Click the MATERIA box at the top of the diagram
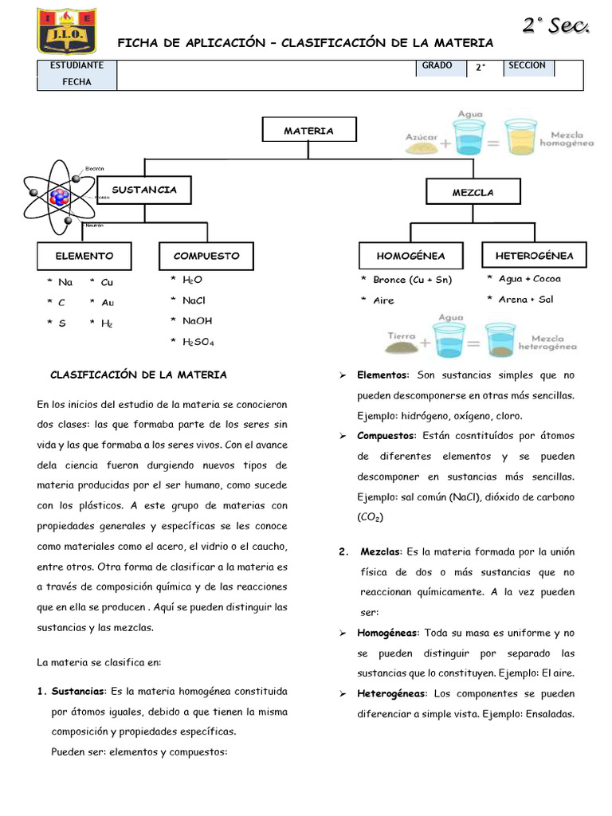click(x=309, y=131)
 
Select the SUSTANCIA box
click(x=144, y=190)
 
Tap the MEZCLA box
click(x=473, y=192)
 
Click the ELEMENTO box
click(x=84, y=256)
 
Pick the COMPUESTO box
click(x=206, y=256)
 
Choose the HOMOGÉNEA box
click(x=411, y=256)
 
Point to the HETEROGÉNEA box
click(x=534, y=255)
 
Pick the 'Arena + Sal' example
click(x=525, y=300)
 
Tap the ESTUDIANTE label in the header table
click(x=76, y=66)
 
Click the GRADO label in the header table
click(x=437, y=66)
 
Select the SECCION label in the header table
click(x=527, y=66)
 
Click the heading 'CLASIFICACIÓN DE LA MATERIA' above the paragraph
click(x=139, y=375)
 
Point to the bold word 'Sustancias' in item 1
click(x=79, y=691)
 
